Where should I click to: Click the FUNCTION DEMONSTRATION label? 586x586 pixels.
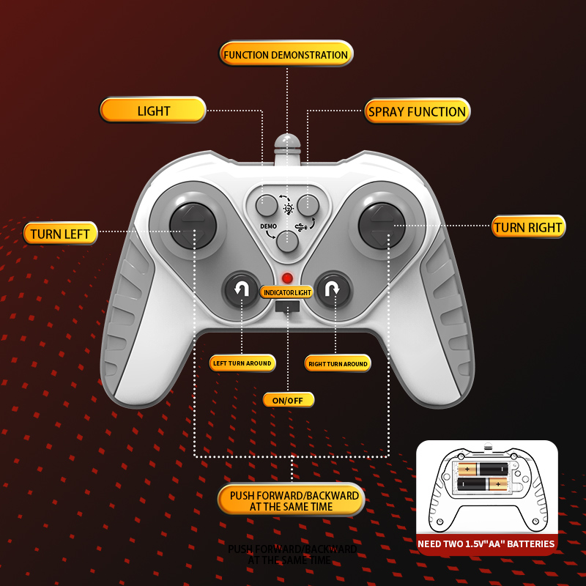coord(286,54)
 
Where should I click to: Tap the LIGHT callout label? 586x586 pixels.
coord(153,111)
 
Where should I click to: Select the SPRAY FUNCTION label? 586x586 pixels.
coord(417,111)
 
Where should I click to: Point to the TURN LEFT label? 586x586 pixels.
coord(60,234)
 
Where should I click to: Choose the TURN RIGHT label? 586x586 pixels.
coord(528,227)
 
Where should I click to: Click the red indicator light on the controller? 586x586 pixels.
coord(287,278)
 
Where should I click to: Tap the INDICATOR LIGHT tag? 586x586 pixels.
coord(286,292)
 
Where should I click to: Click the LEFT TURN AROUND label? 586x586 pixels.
coord(242,363)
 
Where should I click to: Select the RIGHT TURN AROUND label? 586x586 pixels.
coord(337,363)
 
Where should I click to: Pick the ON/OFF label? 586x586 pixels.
coord(288,400)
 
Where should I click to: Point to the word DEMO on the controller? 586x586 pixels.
coord(268,226)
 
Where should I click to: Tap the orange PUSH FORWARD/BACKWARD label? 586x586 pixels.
coord(292,501)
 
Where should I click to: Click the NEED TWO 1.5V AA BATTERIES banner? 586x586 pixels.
coord(487,544)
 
